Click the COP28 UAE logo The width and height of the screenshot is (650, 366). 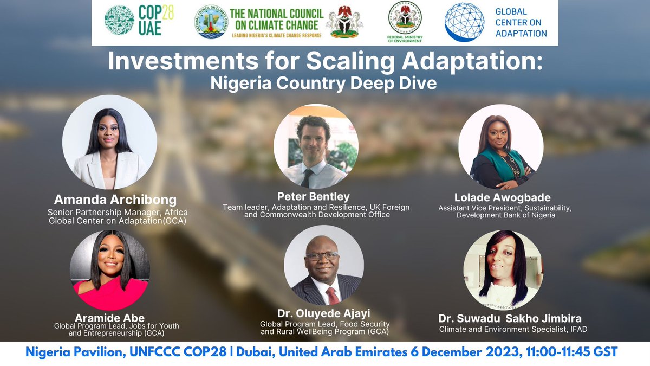point(139,22)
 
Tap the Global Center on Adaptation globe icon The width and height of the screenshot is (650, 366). point(464,22)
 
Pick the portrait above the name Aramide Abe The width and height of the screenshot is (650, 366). point(109,269)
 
